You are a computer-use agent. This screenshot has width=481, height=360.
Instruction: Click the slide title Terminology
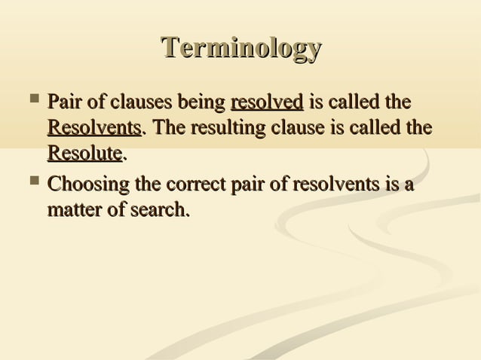point(241,50)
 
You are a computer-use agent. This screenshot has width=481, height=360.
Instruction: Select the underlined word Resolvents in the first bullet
point(94,128)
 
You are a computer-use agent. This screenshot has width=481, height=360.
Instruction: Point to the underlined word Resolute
point(84,154)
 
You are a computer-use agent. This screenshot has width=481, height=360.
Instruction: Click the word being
point(203,102)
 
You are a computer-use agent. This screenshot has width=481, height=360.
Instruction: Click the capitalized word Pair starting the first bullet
point(63,102)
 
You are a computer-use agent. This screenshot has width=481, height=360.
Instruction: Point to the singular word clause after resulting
point(290,128)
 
